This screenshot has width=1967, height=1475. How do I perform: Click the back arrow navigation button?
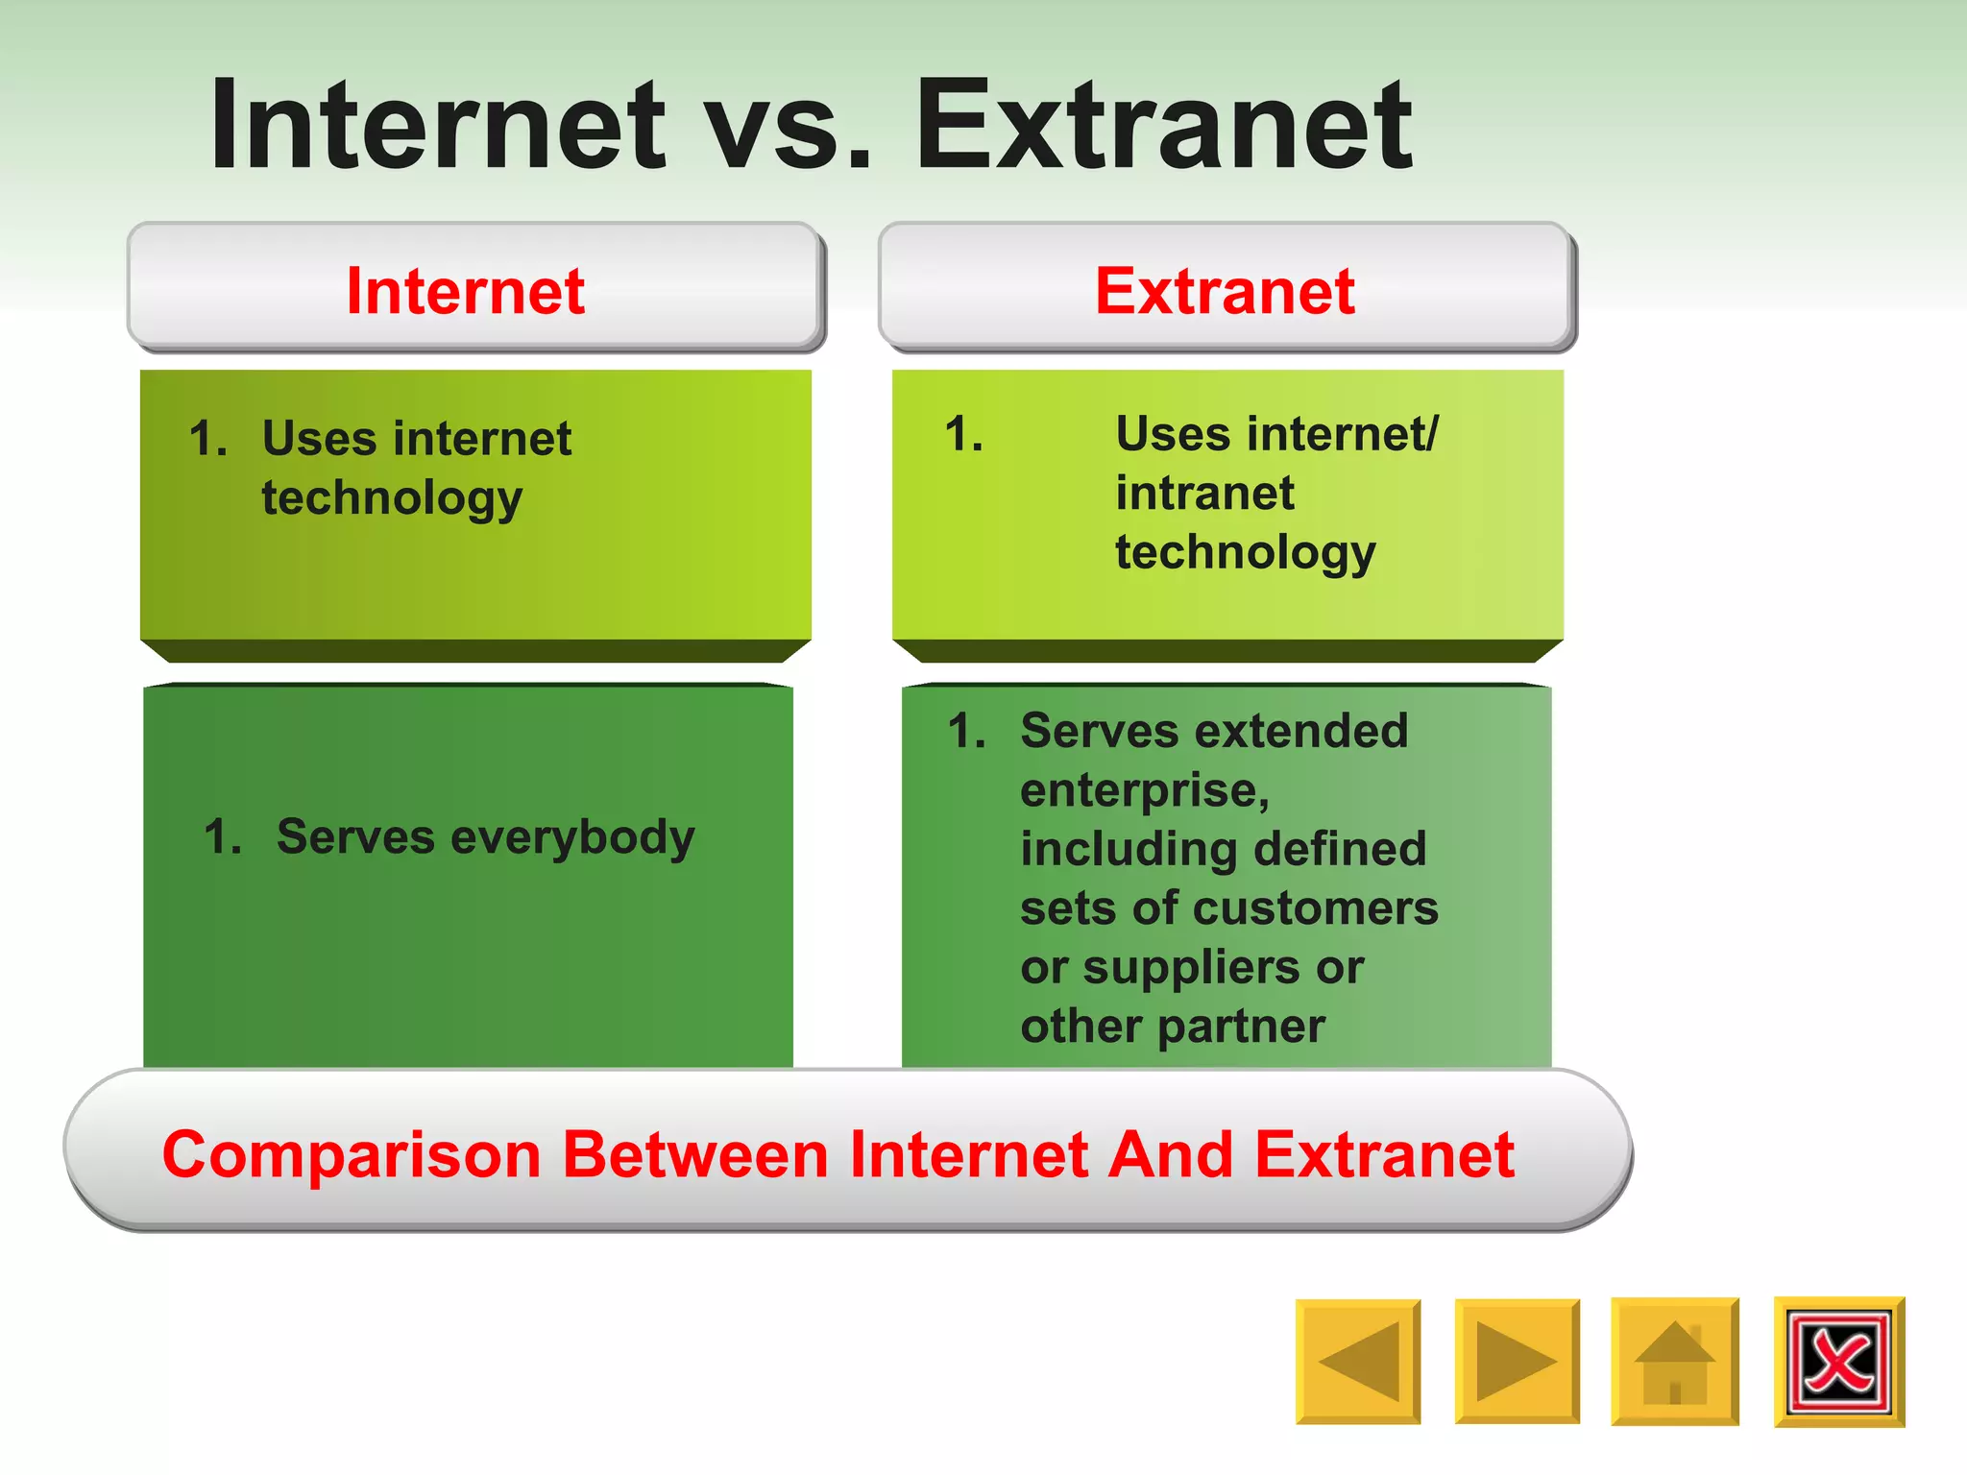1357,1361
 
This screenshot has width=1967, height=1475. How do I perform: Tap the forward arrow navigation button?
1517,1361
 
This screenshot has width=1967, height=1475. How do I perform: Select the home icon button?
1674,1361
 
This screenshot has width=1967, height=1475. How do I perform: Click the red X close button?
1838,1361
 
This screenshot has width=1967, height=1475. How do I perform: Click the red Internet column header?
466,291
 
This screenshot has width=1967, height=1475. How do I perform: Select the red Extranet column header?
1225,291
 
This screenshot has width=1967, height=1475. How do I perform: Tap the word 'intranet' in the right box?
1204,494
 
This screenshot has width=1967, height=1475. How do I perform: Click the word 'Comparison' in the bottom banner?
352,1154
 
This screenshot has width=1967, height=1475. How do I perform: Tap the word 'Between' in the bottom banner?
694,1154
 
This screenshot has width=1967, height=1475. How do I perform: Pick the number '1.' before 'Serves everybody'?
223,836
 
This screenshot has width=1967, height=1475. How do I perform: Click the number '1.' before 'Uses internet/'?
963,434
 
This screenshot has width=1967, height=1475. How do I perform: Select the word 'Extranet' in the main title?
1163,125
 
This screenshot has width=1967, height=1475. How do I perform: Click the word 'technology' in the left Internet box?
392,498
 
